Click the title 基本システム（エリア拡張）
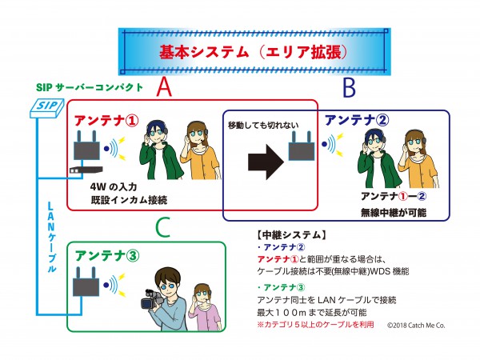pyautogui.click(x=254, y=52)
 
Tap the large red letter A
pyautogui.click(x=164, y=86)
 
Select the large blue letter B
pyautogui.click(x=349, y=87)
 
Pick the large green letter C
pyautogui.click(x=163, y=227)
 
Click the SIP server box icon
pyautogui.click(x=47, y=108)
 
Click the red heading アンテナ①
pyautogui.click(x=106, y=121)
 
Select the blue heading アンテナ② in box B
pyautogui.click(x=356, y=120)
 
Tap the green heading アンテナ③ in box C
pyautogui.click(x=107, y=256)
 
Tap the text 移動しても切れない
pyautogui.click(x=263, y=126)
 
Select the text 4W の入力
pyautogui.click(x=114, y=186)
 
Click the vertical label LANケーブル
pyautogui.click(x=51, y=237)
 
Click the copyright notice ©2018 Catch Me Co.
pyautogui.click(x=416, y=326)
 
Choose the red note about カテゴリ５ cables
pyautogui.click(x=316, y=324)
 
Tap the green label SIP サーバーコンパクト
pyautogui.click(x=90, y=87)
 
